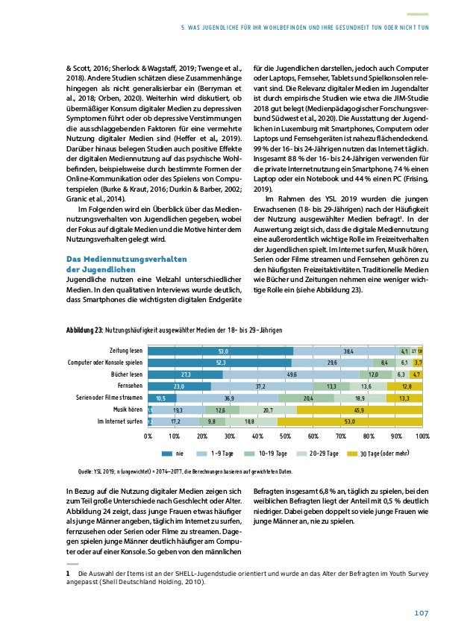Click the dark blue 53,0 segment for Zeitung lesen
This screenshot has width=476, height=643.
[220, 350]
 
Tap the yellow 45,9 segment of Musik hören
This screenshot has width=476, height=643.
[359, 410]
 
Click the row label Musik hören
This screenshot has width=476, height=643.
[128, 410]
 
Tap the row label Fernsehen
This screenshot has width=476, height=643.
[130, 386]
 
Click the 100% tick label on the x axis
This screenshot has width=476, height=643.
[422, 436]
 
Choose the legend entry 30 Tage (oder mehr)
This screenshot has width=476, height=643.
[385, 453]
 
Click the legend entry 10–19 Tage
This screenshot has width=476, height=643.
[277, 453]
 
